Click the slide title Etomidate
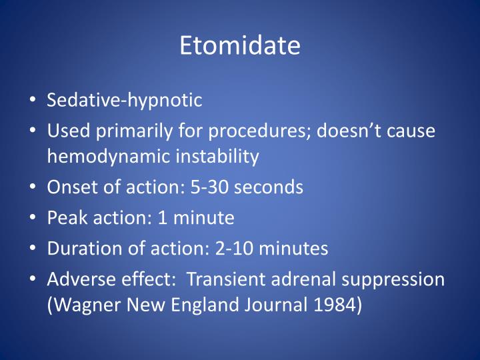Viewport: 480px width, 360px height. pyautogui.click(x=240, y=45)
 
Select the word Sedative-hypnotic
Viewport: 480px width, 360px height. pyautogui.click(x=124, y=101)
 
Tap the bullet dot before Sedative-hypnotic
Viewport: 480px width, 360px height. pyautogui.click(x=34, y=101)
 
